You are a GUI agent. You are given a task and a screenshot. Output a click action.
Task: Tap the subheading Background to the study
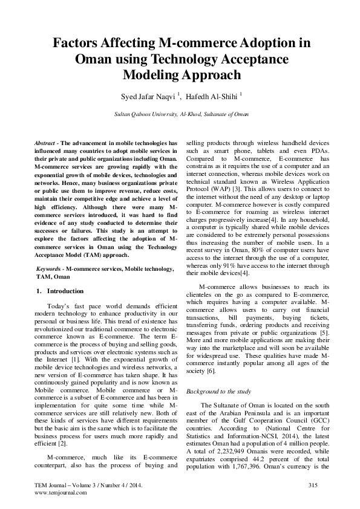point(219,391)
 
